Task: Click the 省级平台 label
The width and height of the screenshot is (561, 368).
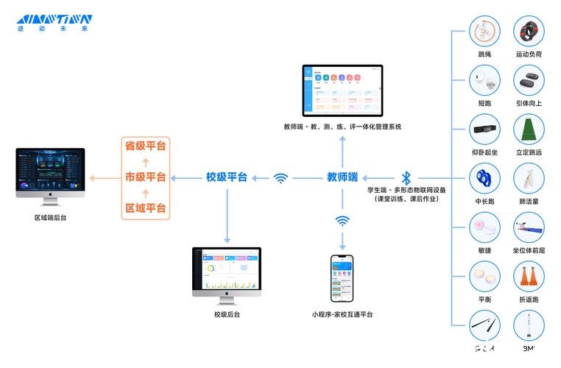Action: pos(145,146)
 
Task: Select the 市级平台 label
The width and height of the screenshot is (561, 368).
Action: pos(145,177)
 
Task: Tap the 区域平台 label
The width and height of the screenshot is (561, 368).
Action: pos(145,208)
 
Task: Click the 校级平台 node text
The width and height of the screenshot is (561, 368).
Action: pos(226,177)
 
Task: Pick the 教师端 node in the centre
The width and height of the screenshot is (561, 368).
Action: pos(342,177)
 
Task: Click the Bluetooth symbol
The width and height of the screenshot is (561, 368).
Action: pos(406,177)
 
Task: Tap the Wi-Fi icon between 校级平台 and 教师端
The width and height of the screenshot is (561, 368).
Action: pos(280,177)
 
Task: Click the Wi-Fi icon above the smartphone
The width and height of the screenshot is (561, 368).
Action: pos(342,220)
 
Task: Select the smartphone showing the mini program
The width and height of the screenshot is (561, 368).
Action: pos(342,279)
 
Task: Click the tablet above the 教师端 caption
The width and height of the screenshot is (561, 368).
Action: pos(342,90)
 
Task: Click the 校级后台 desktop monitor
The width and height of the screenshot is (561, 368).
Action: pos(227,271)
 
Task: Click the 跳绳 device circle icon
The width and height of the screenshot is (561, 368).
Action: pos(484,32)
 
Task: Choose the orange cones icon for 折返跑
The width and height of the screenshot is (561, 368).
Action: pos(529,276)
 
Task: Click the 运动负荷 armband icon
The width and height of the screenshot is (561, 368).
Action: pos(529,32)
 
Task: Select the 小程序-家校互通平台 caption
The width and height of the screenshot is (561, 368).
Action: pos(342,314)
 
